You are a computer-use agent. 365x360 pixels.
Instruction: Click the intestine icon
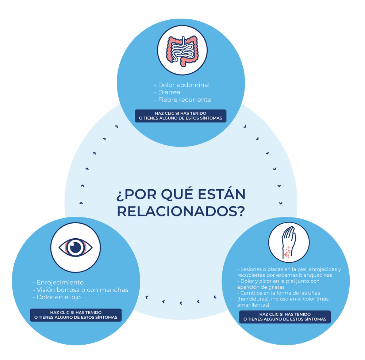[x=182, y=51]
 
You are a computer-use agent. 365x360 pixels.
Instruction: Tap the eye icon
[x=76, y=247]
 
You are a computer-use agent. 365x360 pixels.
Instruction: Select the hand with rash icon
[x=289, y=242]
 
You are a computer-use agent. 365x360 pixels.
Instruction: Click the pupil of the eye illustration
[x=76, y=247]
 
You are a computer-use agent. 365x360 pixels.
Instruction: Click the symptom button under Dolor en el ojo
[x=76, y=315]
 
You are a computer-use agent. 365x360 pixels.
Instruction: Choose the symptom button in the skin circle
[x=285, y=317]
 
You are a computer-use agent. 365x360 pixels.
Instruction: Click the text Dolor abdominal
[x=184, y=85]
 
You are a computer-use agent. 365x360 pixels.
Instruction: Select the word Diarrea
[x=169, y=92]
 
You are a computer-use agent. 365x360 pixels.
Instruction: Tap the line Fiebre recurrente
[x=185, y=100]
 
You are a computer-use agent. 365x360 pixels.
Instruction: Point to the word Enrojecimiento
[x=60, y=283]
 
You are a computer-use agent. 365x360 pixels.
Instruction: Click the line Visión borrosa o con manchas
[x=82, y=290]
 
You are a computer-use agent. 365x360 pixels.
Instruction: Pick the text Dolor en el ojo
[x=59, y=297]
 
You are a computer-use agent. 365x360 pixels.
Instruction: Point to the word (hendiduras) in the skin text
[x=253, y=299]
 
